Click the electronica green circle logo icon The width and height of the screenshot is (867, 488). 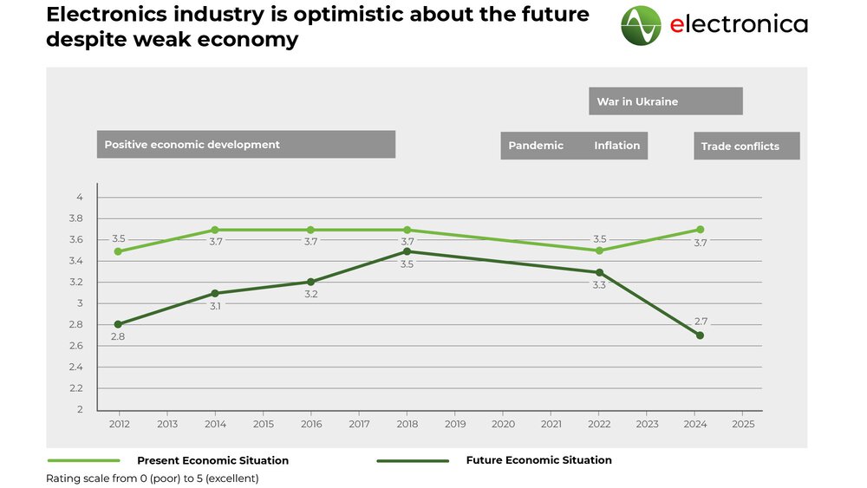tap(641, 25)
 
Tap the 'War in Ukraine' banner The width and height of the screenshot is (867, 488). tap(665, 101)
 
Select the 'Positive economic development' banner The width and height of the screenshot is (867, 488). tap(245, 145)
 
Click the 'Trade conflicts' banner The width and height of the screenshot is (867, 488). tap(746, 146)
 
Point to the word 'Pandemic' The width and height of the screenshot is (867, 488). tap(536, 146)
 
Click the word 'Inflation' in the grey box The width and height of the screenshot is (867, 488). tap(616, 146)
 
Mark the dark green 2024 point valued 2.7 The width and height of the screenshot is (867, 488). tap(700, 335)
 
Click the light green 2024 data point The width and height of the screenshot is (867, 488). tap(700, 230)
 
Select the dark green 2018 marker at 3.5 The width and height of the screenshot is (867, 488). tap(407, 251)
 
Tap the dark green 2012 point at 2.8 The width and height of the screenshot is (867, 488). tap(119, 324)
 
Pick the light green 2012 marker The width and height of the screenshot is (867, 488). tap(119, 251)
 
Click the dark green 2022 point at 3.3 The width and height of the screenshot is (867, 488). tap(600, 272)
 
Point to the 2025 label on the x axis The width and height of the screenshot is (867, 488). tap(743, 425)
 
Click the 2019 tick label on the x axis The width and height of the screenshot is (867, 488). tap(455, 425)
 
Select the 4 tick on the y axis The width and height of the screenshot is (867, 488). tap(80, 198)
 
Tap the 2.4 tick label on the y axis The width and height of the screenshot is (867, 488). tap(77, 368)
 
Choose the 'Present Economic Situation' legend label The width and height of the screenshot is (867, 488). tap(212, 460)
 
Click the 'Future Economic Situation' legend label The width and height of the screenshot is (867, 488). tap(538, 460)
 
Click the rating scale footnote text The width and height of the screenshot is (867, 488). tap(153, 478)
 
